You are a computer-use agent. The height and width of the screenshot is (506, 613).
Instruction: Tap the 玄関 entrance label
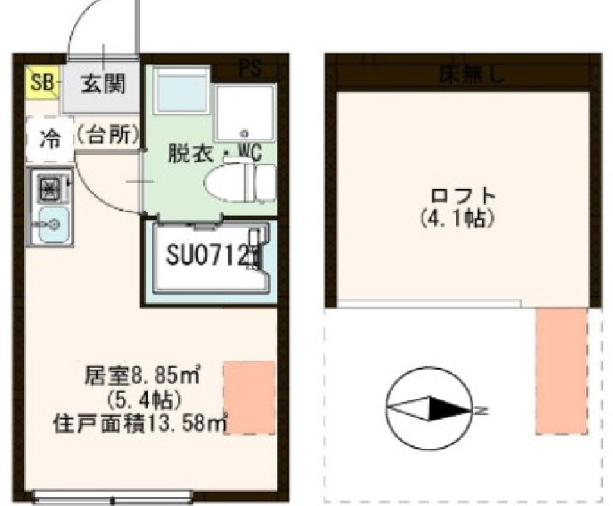[x=103, y=85]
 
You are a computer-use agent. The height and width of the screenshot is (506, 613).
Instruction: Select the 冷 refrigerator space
[x=51, y=139]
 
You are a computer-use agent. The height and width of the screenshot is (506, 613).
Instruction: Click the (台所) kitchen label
[x=108, y=135]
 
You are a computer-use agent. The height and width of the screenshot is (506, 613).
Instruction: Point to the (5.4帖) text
[x=143, y=398]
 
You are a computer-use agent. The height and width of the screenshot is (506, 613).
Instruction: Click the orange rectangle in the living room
[x=249, y=397]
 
